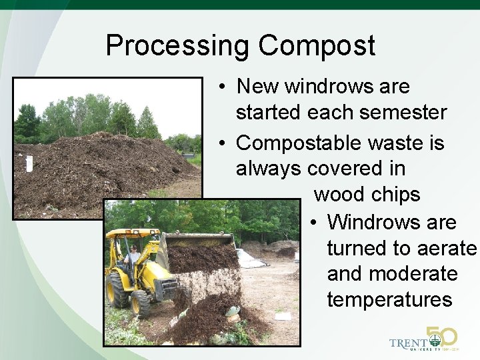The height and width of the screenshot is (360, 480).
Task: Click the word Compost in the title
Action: pos(317,46)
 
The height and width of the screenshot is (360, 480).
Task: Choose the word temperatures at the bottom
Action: pos(389,299)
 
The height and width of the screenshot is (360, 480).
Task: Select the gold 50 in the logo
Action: pos(441,337)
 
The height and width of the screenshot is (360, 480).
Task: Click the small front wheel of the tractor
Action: pos(141,304)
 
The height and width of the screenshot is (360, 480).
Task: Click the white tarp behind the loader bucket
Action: pos(249,259)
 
